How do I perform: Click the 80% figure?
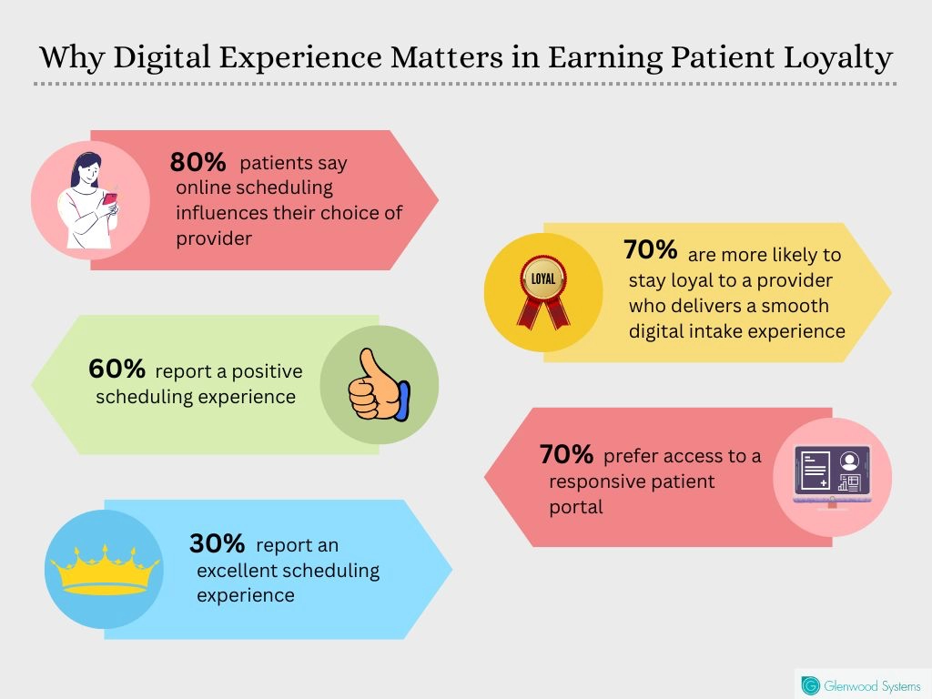point(198,163)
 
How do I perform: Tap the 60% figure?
point(116,369)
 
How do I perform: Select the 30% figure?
point(217,543)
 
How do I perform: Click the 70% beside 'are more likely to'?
point(651,250)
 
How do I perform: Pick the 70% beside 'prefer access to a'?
point(566,453)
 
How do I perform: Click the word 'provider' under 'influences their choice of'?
point(213,238)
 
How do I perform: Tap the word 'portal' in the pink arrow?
point(575,507)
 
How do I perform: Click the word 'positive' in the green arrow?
point(267,371)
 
